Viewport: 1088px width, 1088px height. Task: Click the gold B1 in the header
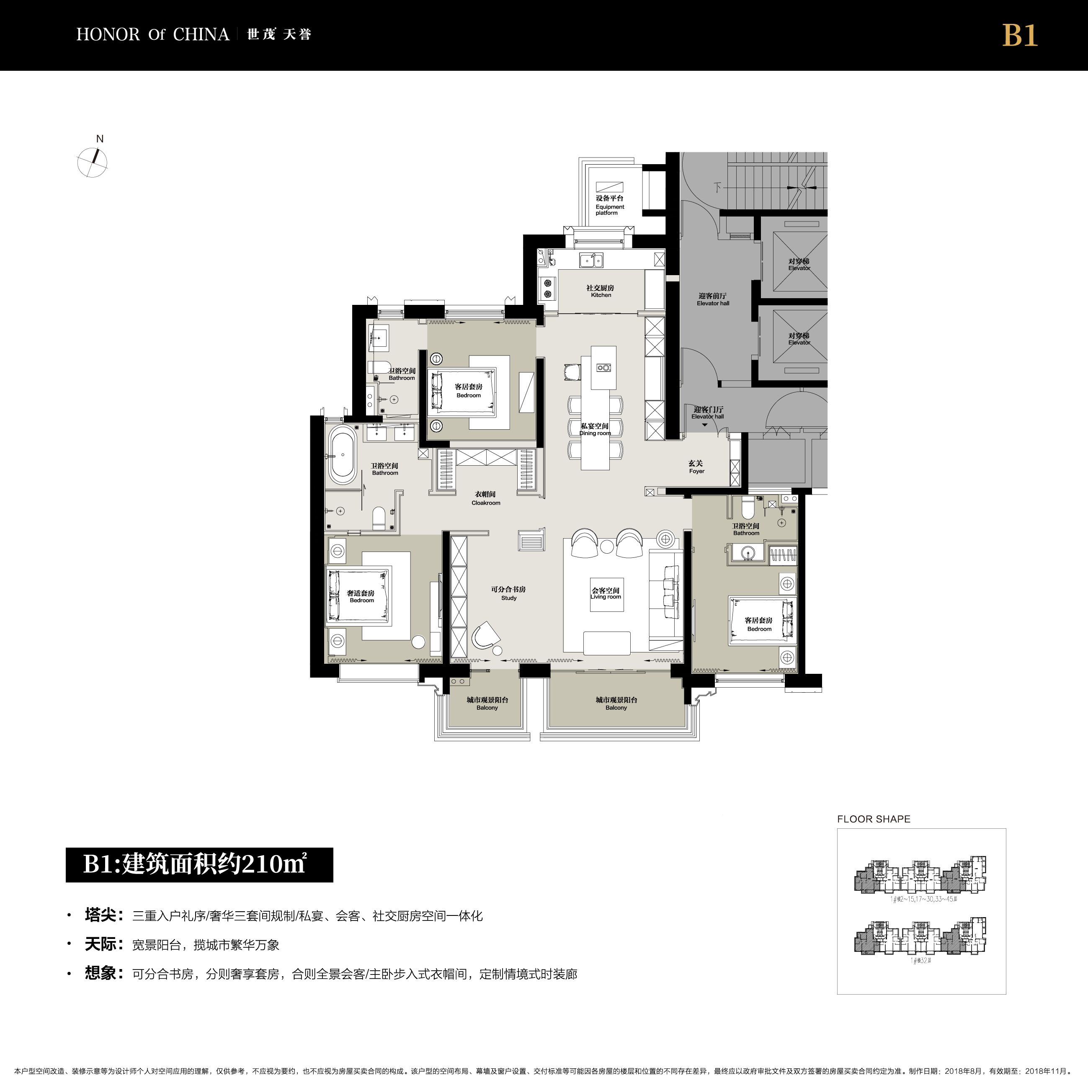pyautogui.click(x=1020, y=36)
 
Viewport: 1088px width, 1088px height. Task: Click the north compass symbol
pyautogui.click(x=93, y=162)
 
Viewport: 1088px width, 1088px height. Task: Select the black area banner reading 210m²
pyautogui.click(x=199, y=864)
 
